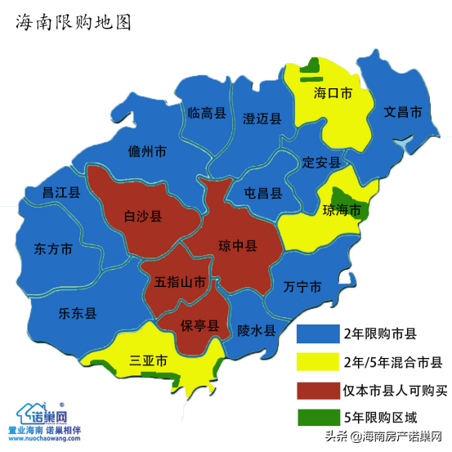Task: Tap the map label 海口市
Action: click(x=333, y=94)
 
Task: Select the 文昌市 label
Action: click(x=404, y=111)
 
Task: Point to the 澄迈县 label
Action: click(x=262, y=119)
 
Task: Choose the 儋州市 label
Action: click(x=147, y=151)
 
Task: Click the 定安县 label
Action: click(x=321, y=162)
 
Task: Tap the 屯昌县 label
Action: click(x=263, y=194)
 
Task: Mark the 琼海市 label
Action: click(x=342, y=210)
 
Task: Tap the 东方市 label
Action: click(x=55, y=248)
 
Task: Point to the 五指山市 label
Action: click(x=180, y=283)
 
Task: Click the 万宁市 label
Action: click(x=302, y=287)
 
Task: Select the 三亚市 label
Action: click(x=149, y=360)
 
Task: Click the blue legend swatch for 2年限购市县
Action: click(x=318, y=333)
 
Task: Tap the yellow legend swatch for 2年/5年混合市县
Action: click(x=318, y=360)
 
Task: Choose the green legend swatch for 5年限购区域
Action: click(x=318, y=415)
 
